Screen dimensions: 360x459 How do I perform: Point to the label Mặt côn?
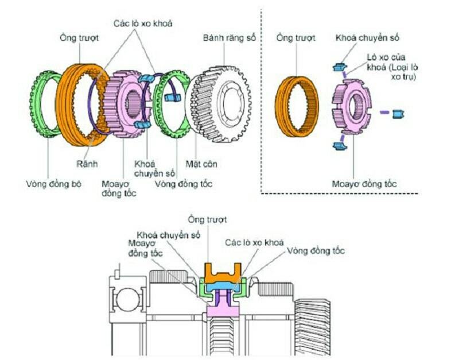(201, 164)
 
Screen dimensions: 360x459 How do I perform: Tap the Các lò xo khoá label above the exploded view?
(142, 24)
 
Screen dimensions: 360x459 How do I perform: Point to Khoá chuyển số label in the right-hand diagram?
(367, 38)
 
